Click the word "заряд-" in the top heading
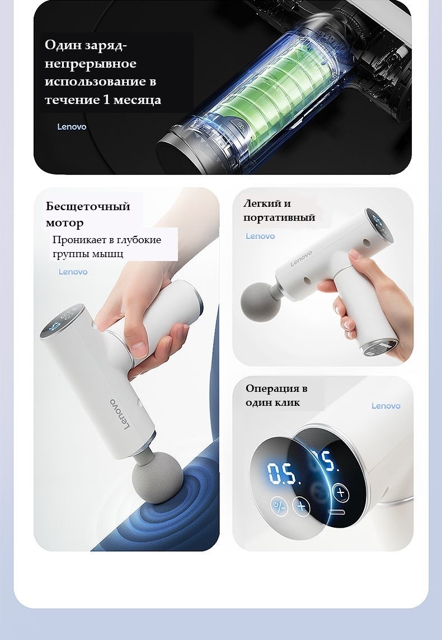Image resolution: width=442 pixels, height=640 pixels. tap(105, 46)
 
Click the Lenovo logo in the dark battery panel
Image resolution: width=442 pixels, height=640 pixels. tap(72, 126)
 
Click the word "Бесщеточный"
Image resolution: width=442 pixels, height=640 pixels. tap(88, 206)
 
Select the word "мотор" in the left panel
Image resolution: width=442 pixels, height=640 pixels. tap(64, 223)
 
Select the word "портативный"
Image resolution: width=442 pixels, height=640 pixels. tap(279, 217)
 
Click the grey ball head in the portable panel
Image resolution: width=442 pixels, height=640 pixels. tap(261, 301)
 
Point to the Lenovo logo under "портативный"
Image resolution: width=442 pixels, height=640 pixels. tap(260, 236)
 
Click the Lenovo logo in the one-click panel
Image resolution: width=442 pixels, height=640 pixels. tap(386, 406)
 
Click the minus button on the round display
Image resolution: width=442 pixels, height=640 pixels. tap(337, 512)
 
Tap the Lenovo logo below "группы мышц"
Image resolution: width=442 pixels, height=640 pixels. tap(73, 272)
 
